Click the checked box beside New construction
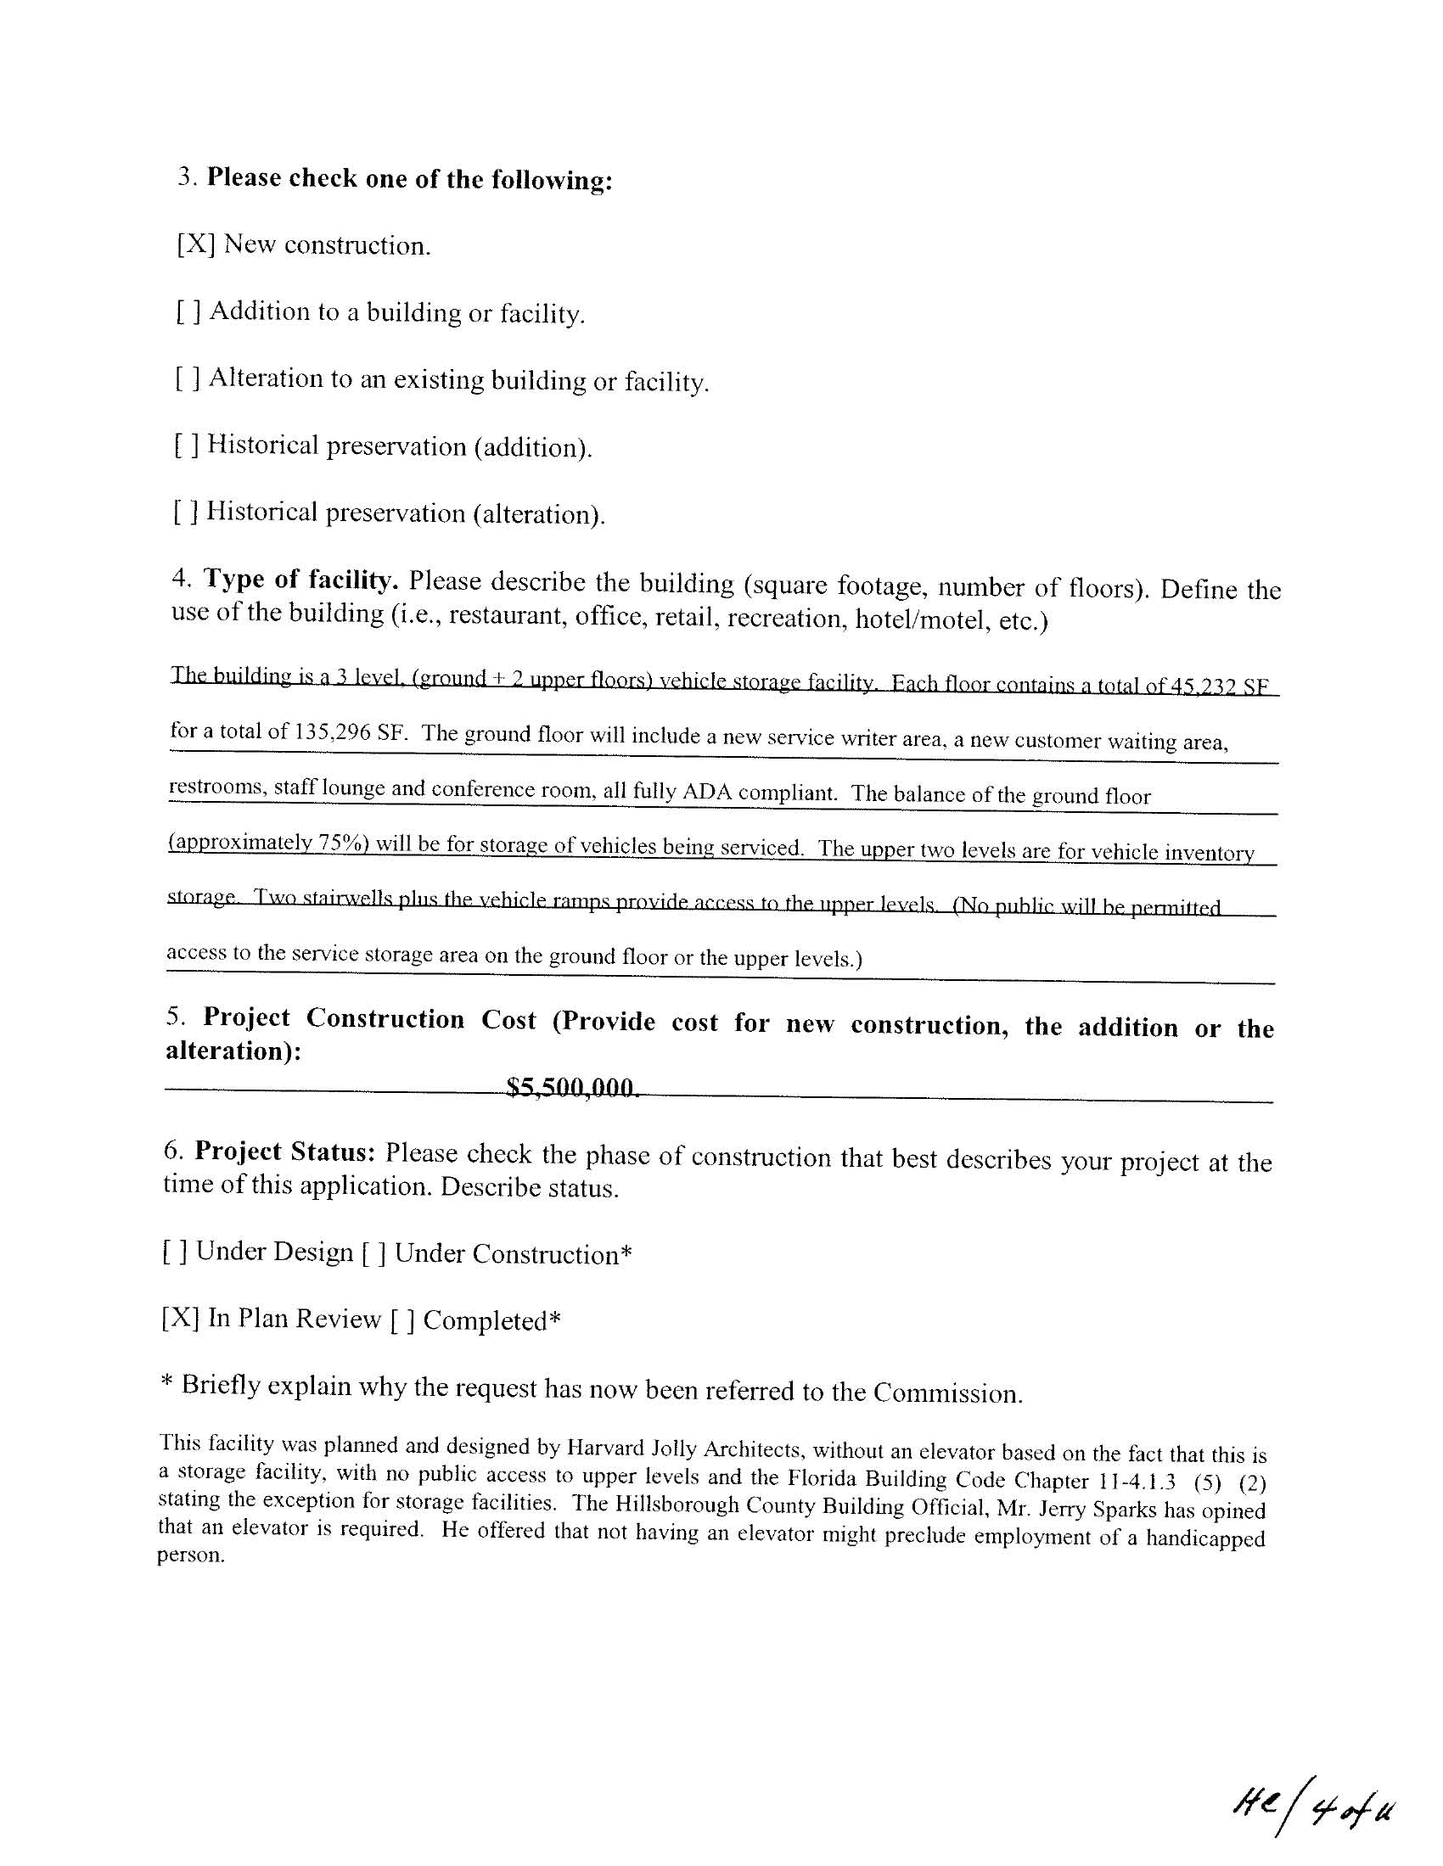pos(196,244)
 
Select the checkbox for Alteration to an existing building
pos(188,378)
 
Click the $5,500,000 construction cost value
pos(571,1088)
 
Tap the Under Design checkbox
pos(174,1252)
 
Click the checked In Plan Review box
pos(180,1319)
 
